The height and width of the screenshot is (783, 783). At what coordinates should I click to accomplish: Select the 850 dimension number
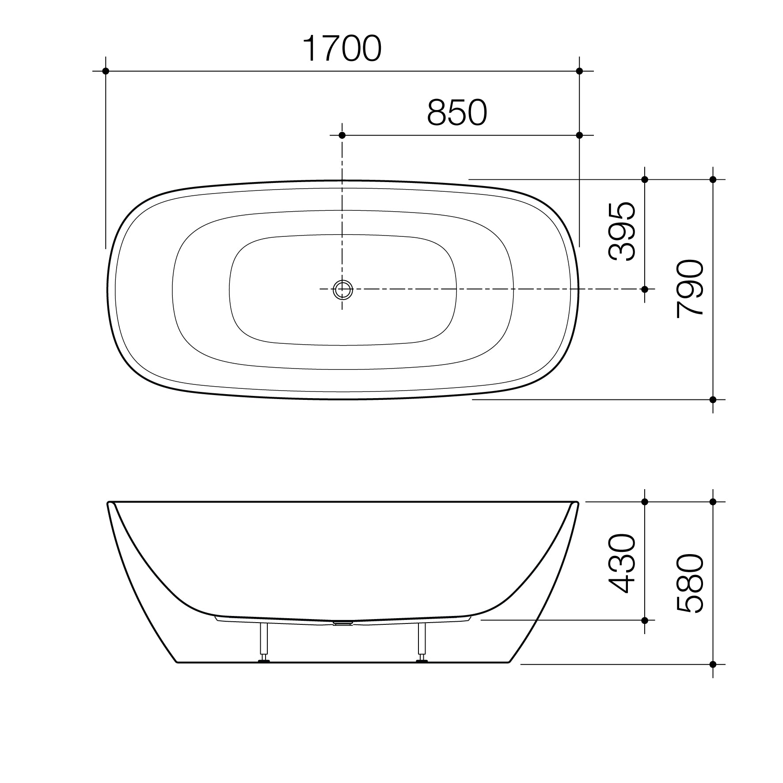pyautogui.click(x=457, y=113)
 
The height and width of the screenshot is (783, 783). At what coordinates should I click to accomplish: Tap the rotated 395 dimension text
pyautogui.click(x=622, y=232)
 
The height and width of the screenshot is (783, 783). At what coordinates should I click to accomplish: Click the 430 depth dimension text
pyautogui.click(x=622, y=563)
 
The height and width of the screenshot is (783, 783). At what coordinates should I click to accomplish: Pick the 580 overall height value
pyautogui.click(x=690, y=583)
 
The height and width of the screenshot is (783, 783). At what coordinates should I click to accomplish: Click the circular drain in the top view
pyautogui.click(x=342, y=289)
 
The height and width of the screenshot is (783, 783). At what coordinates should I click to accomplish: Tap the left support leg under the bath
pyautogui.click(x=264, y=642)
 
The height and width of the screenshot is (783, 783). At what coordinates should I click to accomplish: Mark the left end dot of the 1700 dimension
pyautogui.click(x=106, y=71)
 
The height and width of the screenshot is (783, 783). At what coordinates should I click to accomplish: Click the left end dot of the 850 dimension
pyautogui.click(x=342, y=135)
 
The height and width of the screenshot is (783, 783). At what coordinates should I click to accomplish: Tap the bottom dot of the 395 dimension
pyautogui.click(x=645, y=289)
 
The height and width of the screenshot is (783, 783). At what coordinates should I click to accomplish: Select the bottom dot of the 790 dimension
pyautogui.click(x=713, y=399)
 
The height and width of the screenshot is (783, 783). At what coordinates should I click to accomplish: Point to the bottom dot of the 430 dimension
pyautogui.click(x=645, y=620)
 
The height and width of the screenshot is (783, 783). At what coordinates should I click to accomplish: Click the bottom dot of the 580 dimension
pyautogui.click(x=713, y=677)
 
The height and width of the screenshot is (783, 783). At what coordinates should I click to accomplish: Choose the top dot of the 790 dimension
pyautogui.click(x=713, y=179)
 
